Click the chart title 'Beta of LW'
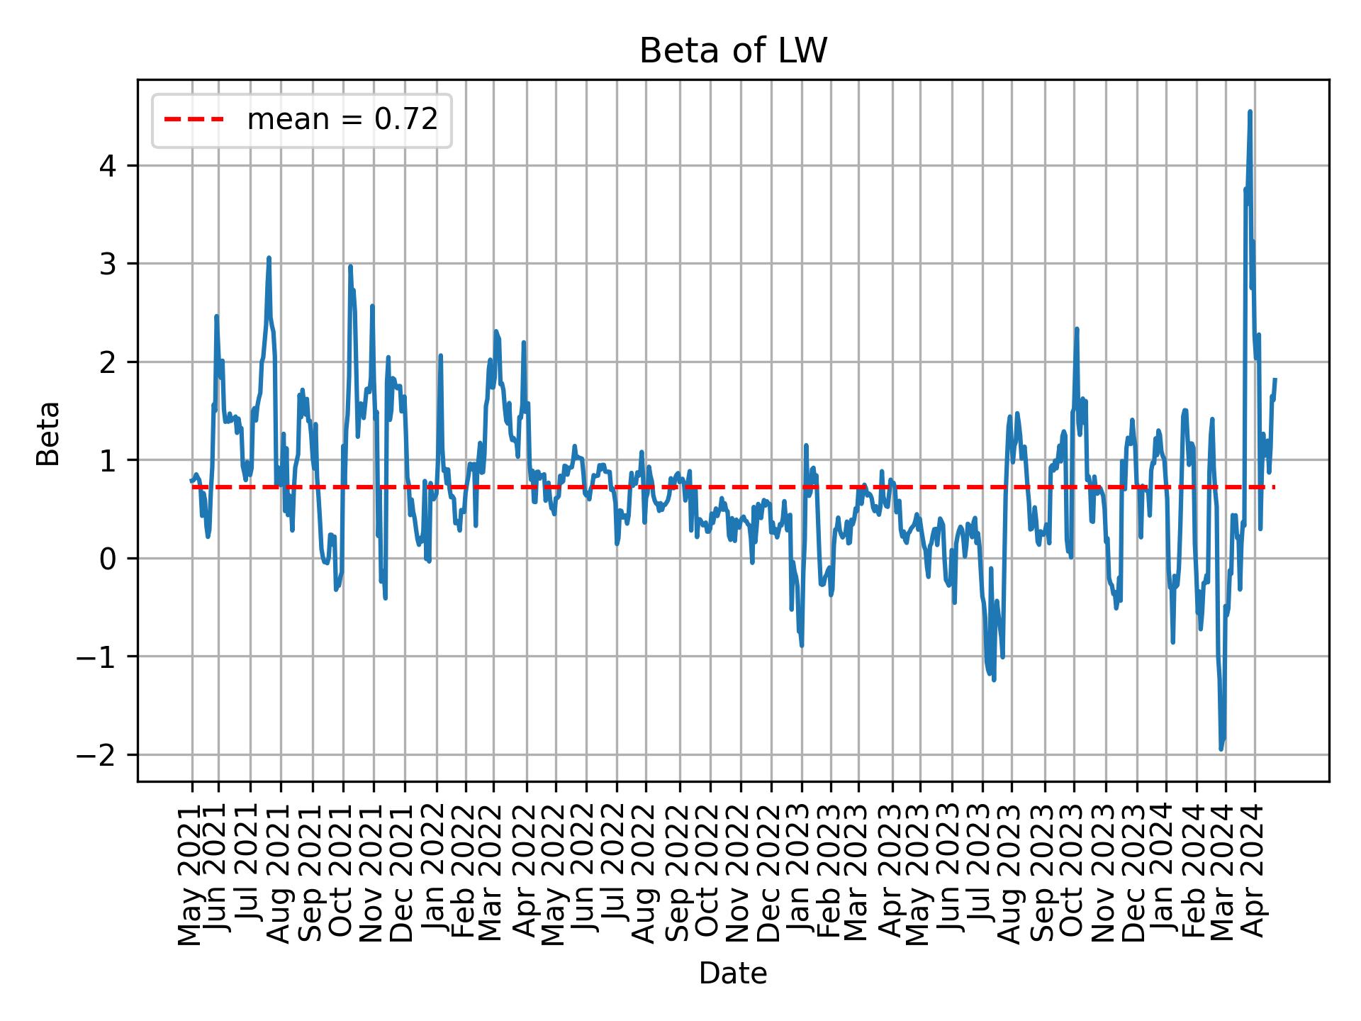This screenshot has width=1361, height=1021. tap(733, 52)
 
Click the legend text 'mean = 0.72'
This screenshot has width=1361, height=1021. tap(342, 120)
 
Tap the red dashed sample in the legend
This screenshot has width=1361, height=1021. tap(194, 120)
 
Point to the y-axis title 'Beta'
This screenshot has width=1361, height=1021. tap(48, 433)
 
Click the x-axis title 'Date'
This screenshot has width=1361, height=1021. tap(733, 973)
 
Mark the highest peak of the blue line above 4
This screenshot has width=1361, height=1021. tap(1250, 111)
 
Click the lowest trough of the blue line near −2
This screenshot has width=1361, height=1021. tap(1221, 749)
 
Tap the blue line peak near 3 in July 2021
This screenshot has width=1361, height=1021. tap(269, 258)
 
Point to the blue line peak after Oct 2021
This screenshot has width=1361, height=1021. tap(350, 267)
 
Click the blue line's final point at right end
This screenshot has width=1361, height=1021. tap(1275, 379)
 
